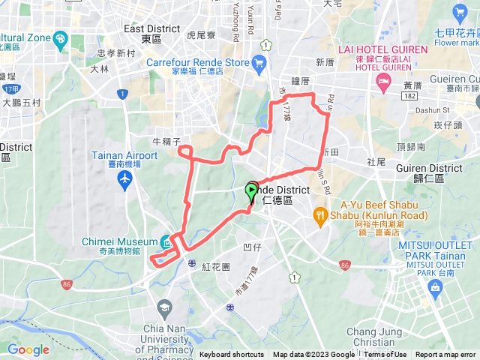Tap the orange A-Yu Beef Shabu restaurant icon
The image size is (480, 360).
pos(320,215)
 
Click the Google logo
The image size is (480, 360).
pos(28,349)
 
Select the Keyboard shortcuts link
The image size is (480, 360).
pos(232,355)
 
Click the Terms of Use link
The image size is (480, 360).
pos(385,355)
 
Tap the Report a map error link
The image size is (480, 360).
pos(446,355)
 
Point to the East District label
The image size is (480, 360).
pos(152,33)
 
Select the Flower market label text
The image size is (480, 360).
pos(455,43)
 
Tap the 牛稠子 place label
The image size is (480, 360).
pos(166,140)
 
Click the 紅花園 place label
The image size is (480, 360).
pos(217,267)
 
